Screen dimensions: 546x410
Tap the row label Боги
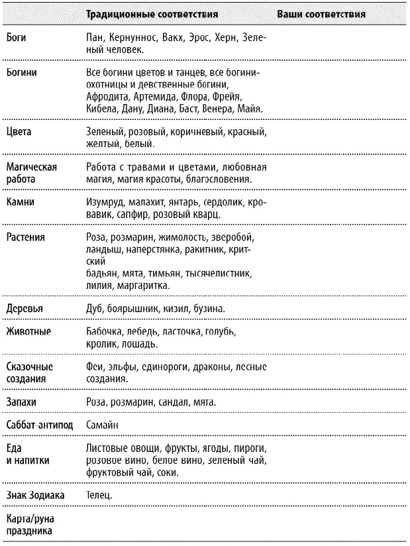[x=16, y=38]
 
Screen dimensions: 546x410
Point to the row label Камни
[x=20, y=203]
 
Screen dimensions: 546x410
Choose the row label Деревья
[x=25, y=309]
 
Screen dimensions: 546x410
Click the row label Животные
[x=27, y=331]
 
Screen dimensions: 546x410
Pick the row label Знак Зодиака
[x=36, y=494]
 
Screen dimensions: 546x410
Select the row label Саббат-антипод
[x=40, y=423]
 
